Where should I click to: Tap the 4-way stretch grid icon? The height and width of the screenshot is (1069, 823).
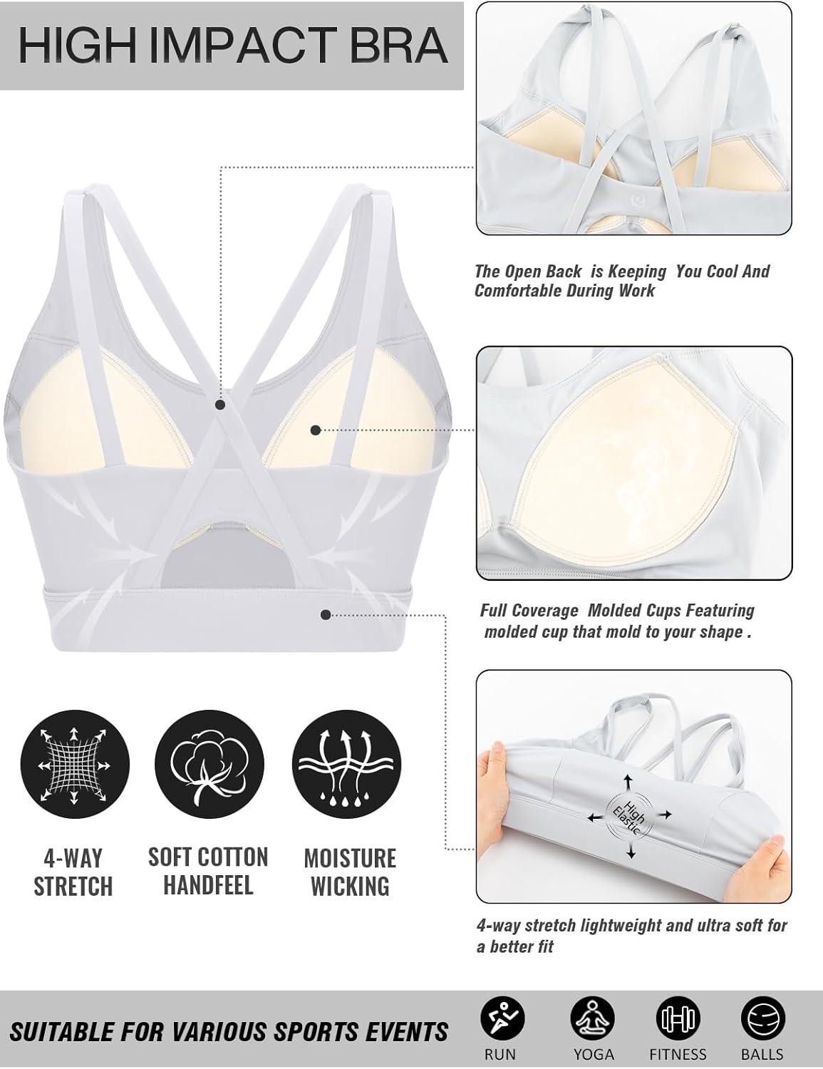point(75,765)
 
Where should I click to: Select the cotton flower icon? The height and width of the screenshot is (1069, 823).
point(209,765)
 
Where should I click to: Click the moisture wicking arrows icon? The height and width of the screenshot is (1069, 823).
point(346,765)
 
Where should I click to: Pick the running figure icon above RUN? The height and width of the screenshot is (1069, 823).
point(502,1018)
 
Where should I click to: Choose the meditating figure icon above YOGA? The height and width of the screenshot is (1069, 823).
point(592,1018)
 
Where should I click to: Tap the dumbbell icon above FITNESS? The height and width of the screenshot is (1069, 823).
point(678,1018)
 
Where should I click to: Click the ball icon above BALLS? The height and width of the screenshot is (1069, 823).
point(763,1018)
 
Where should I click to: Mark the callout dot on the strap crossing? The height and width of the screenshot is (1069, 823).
point(220,405)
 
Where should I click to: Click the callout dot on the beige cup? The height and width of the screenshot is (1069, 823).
point(316,430)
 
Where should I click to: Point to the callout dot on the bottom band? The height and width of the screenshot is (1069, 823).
point(325,614)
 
